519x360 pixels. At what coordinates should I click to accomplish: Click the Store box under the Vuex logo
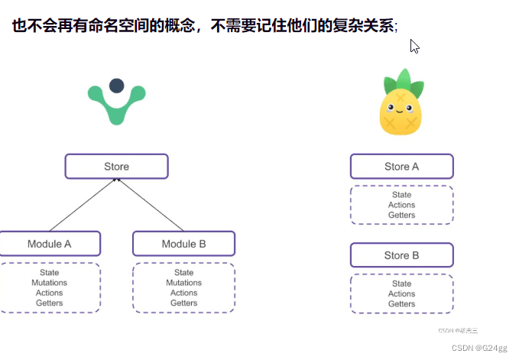(x=116, y=167)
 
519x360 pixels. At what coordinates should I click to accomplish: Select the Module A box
(x=50, y=244)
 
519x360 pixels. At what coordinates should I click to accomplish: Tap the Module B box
(x=183, y=244)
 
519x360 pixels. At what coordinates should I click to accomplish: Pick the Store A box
(x=401, y=167)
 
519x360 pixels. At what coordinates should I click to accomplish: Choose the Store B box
(x=401, y=255)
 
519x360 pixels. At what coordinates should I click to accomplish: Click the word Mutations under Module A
(x=50, y=283)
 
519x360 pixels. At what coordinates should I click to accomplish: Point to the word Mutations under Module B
(x=183, y=283)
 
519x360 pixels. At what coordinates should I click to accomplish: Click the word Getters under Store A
(x=401, y=215)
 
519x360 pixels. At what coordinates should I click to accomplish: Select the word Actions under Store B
(x=401, y=294)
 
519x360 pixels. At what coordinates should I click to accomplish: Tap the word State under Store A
(x=401, y=195)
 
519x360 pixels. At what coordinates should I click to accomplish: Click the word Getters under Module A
(x=50, y=303)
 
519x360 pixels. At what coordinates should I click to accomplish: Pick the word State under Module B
(x=183, y=273)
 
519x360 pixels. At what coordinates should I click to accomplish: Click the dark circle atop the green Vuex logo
(x=116, y=86)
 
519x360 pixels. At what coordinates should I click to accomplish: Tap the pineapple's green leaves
(x=401, y=81)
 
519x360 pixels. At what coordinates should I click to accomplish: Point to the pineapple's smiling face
(x=401, y=107)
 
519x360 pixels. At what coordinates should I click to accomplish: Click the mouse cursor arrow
(x=414, y=46)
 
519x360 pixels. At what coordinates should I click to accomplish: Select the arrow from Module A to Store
(x=83, y=205)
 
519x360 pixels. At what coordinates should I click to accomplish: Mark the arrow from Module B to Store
(x=150, y=205)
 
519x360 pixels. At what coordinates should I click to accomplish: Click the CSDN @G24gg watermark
(x=479, y=347)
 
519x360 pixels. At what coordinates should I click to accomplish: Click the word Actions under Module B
(x=183, y=293)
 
